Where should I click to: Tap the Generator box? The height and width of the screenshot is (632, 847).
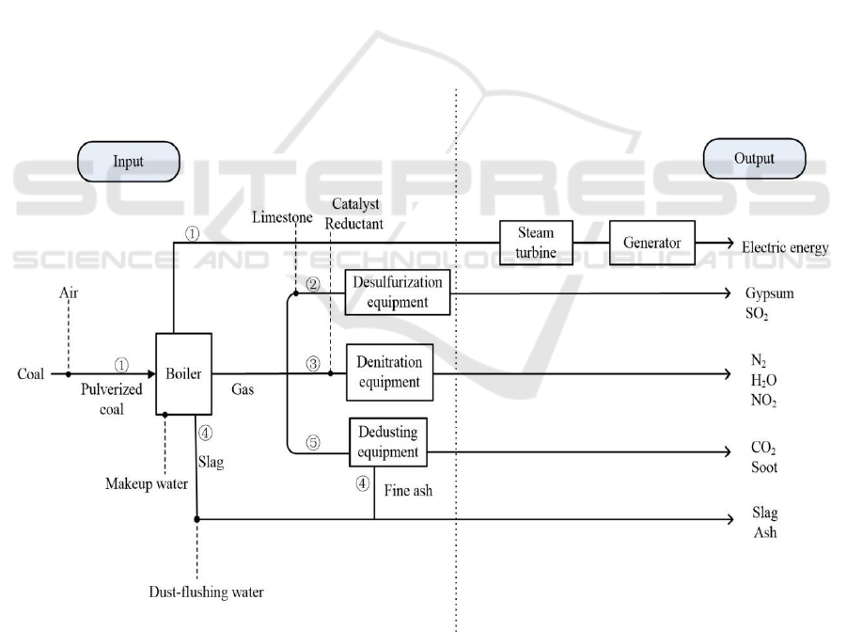(x=650, y=243)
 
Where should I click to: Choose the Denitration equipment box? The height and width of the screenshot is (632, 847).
(x=389, y=372)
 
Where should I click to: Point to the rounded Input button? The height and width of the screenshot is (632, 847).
(x=129, y=161)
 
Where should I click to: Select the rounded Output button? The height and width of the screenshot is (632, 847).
(x=754, y=159)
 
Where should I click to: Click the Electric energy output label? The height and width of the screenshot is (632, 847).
(x=785, y=248)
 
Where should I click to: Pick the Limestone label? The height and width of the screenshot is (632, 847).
(x=281, y=218)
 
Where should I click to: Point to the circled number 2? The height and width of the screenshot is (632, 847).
(x=314, y=282)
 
